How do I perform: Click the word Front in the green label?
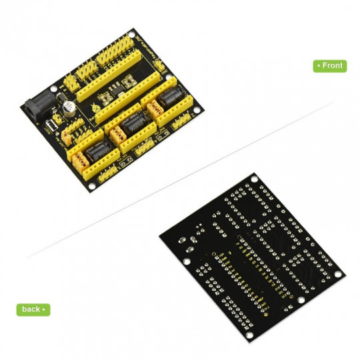click(x=333, y=65)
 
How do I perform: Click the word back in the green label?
click(x=30, y=309)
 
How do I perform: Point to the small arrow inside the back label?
click(x=44, y=309)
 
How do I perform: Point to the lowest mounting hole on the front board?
click(x=91, y=187)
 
